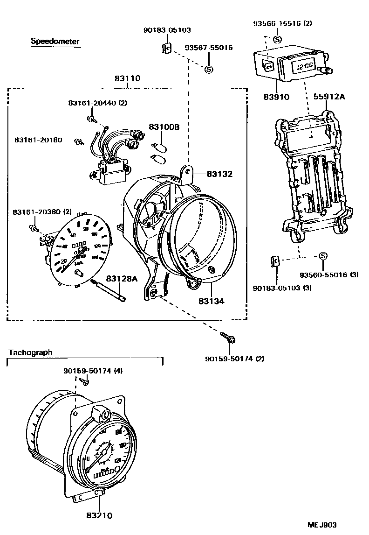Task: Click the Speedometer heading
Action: (x=55, y=42)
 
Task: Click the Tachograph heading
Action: (x=30, y=352)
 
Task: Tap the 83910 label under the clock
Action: (x=277, y=98)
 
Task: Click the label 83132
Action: (x=219, y=174)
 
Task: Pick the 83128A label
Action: (x=122, y=279)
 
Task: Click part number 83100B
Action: (x=164, y=127)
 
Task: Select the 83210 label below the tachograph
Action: (x=99, y=515)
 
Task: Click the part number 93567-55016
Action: (x=209, y=48)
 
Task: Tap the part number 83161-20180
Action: (x=37, y=140)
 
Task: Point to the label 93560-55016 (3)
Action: (x=329, y=275)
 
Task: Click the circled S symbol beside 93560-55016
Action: (x=323, y=256)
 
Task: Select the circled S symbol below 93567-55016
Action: (x=209, y=69)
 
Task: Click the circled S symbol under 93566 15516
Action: (x=277, y=39)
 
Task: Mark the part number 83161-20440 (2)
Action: (x=97, y=103)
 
